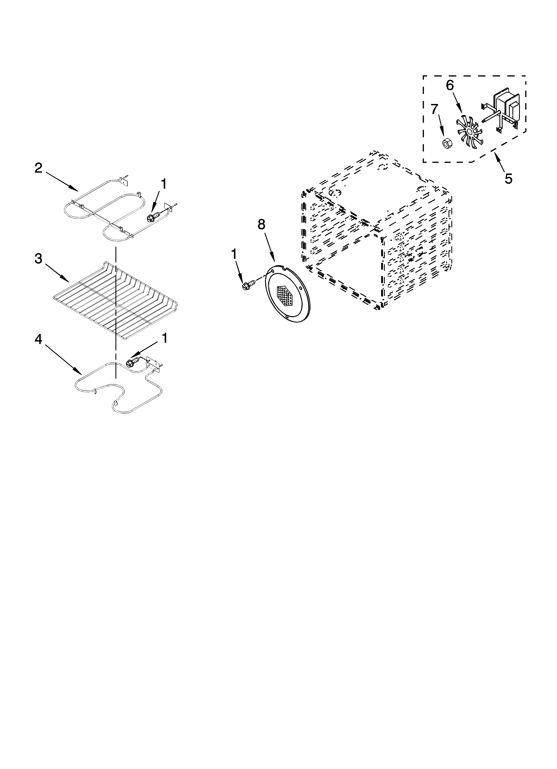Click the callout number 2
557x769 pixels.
[39, 168]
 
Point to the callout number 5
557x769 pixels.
[508, 179]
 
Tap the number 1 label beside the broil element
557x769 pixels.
[164, 184]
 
